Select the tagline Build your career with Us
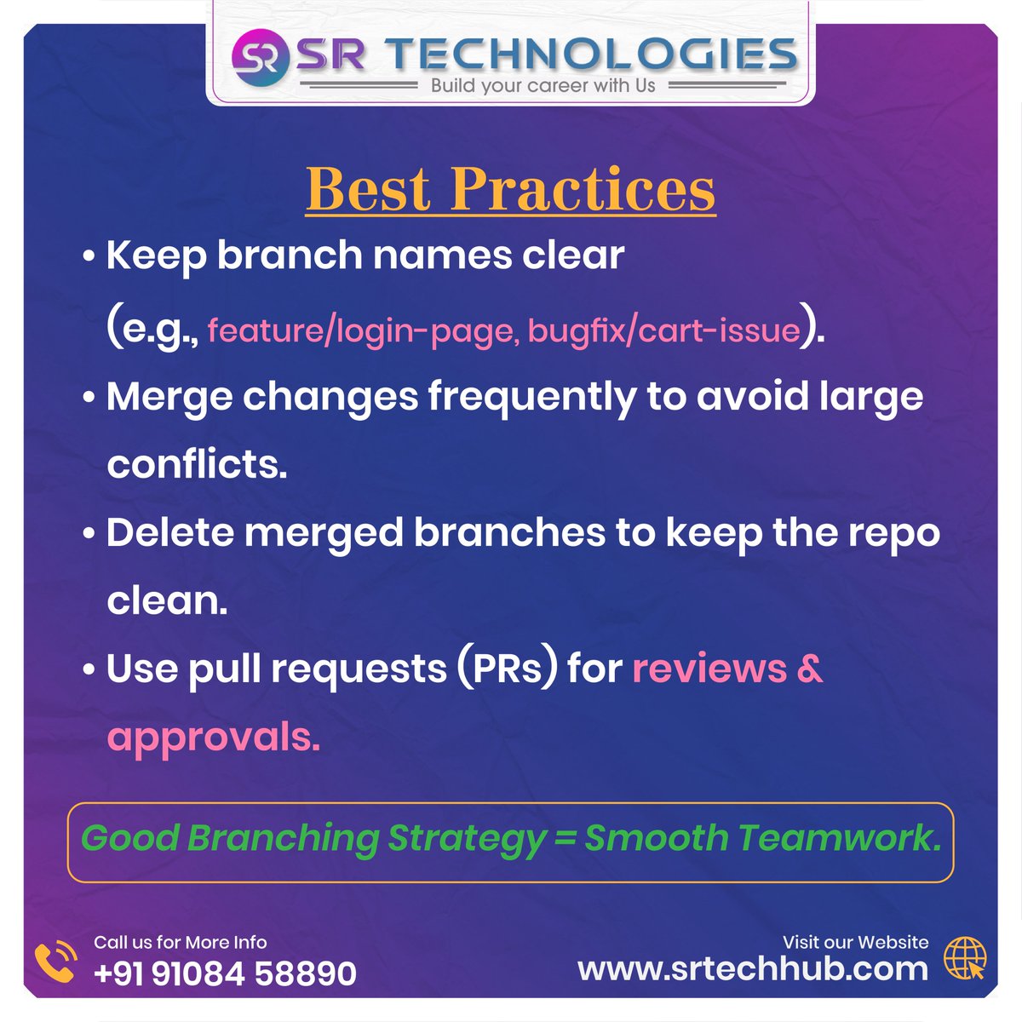(543, 86)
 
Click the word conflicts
(197, 464)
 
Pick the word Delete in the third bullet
(169, 533)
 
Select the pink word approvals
(213, 738)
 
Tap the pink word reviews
(709, 669)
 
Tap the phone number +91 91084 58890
(225, 973)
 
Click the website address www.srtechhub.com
(752, 969)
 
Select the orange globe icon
(965, 959)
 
